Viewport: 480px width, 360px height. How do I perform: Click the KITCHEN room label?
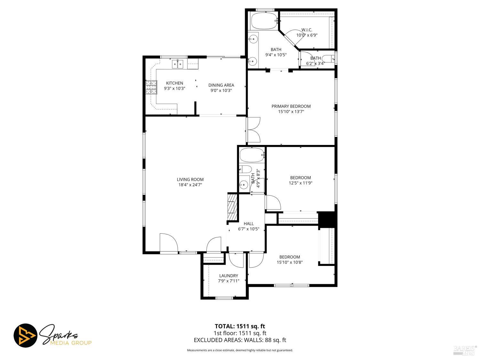[x=174, y=83]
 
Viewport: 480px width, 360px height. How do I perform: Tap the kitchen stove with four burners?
[x=152, y=87]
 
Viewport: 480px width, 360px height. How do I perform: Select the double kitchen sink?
[x=178, y=64]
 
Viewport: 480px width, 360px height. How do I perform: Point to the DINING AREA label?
[x=221, y=85]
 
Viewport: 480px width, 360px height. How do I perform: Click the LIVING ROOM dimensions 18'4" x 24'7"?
[x=190, y=185]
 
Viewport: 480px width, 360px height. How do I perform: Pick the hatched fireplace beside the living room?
[x=232, y=207]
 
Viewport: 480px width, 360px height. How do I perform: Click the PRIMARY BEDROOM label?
[x=291, y=106]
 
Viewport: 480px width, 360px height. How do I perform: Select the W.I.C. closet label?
[x=307, y=30]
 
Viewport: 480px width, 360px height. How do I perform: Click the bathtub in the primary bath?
[x=264, y=21]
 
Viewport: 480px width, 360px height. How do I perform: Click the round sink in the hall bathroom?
[x=244, y=185]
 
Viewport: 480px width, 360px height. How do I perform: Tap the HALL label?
[x=249, y=224]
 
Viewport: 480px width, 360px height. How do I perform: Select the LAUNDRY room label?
[x=228, y=276]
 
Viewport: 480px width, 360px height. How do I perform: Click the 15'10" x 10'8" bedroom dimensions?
[x=290, y=262]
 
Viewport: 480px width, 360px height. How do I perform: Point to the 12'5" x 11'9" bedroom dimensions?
[x=300, y=183]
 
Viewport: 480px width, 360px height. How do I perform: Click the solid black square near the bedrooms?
[x=327, y=219]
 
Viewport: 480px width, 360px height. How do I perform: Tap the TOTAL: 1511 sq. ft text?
[x=240, y=326]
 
